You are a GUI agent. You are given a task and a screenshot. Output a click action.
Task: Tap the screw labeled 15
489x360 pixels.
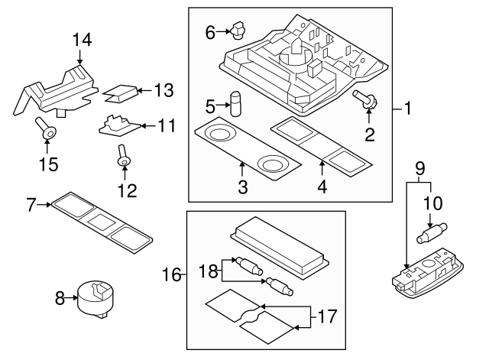pyautogui.click(x=48, y=132)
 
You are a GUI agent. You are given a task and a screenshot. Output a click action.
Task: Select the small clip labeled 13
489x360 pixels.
pyautogui.click(x=119, y=93)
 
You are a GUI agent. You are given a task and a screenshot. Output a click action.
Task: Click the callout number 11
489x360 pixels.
pyautogui.click(x=167, y=124)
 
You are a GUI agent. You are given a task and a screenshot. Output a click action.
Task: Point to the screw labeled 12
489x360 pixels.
pyautogui.click(x=122, y=160)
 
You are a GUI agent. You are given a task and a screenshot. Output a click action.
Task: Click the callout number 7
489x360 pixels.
pyautogui.click(x=31, y=204)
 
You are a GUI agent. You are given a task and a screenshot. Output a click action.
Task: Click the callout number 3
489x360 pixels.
pyautogui.click(x=241, y=186)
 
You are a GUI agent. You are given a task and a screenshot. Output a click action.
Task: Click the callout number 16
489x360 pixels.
pyautogui.click(x=173, y=274)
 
